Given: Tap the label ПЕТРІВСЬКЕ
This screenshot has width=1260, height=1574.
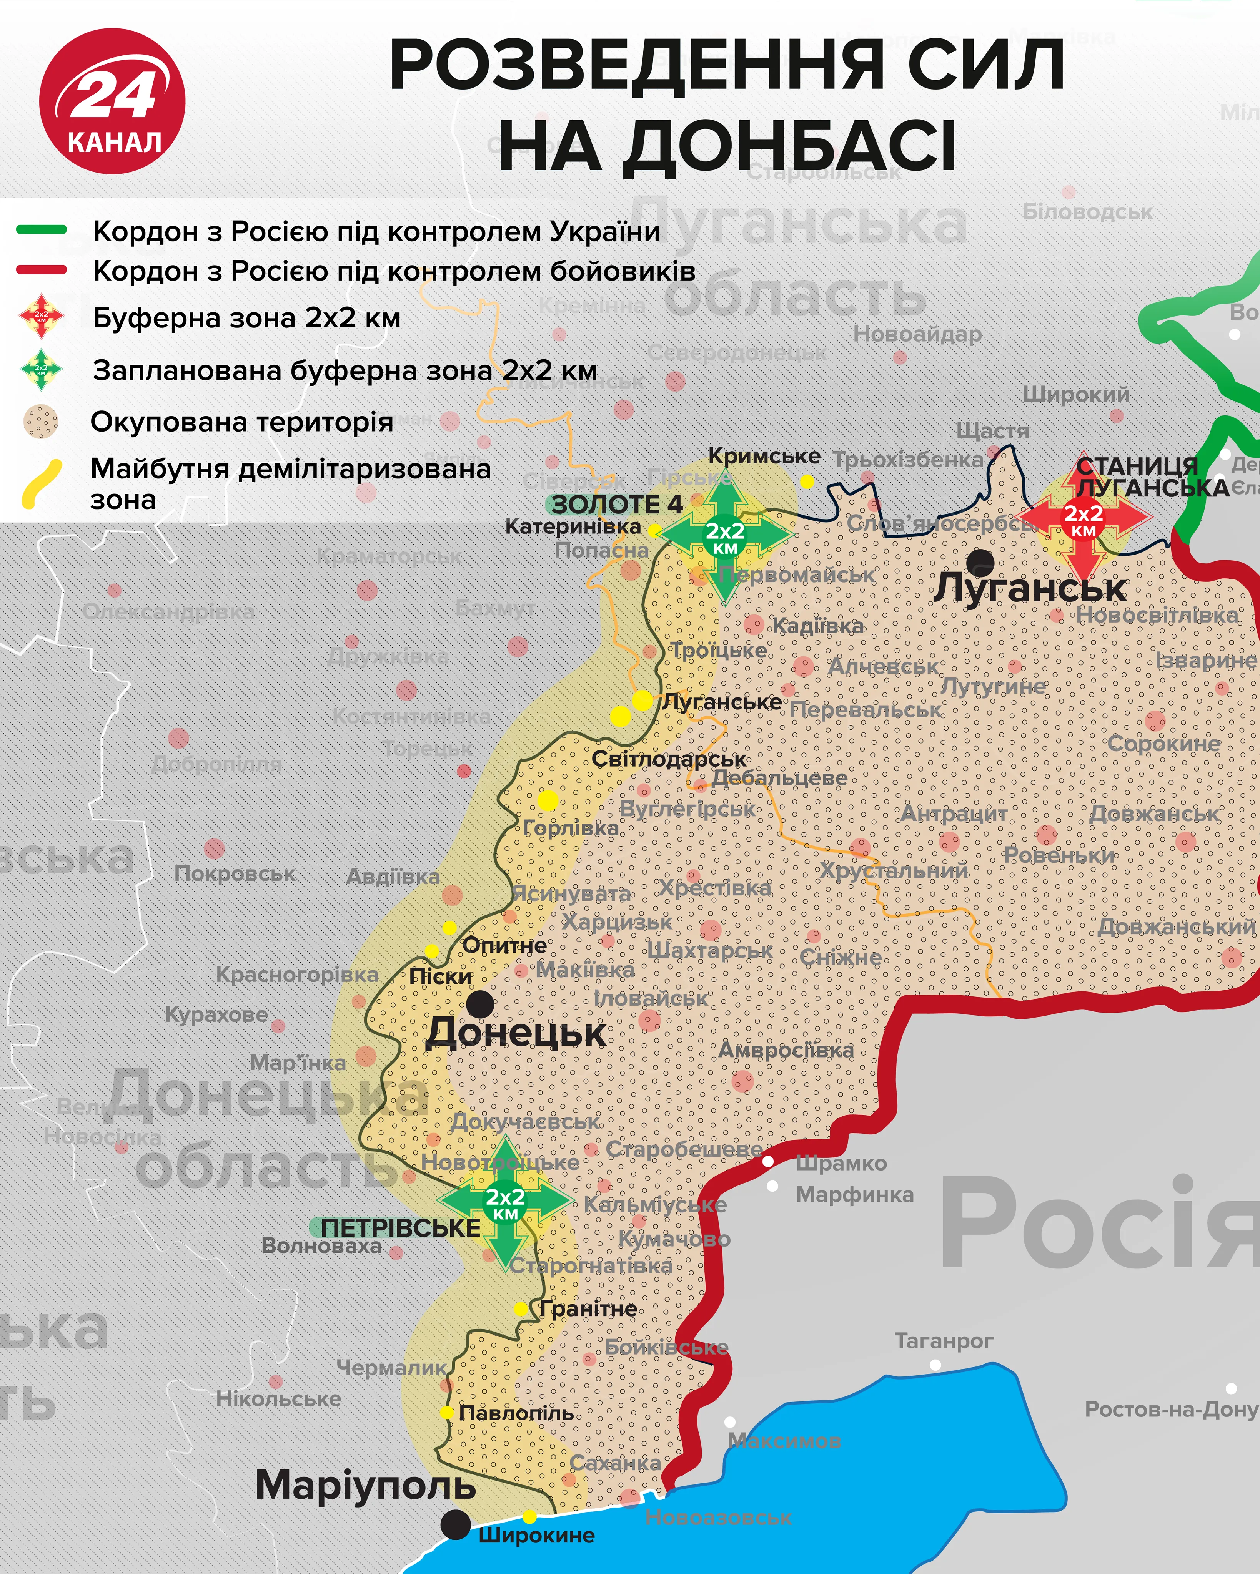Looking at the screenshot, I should tap(400, 1228).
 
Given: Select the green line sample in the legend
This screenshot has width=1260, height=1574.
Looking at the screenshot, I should tap(42, 230).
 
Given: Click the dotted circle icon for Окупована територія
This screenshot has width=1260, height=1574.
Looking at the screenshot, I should tap(41, 422).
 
